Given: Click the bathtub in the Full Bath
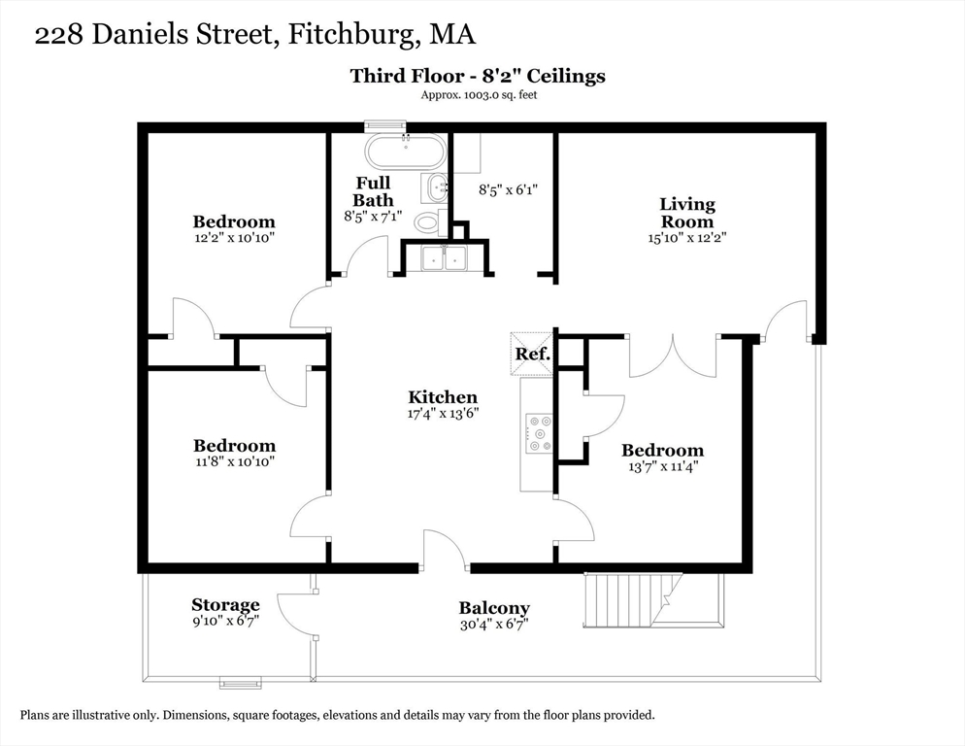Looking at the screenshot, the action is (x=404, y=151).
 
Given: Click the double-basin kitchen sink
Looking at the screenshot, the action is (x=445, y=257).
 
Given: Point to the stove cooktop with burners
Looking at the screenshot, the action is (x=539, y=433).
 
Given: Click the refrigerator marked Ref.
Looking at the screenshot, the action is (x=532, y=354).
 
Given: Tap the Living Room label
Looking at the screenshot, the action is (x=686, y=213).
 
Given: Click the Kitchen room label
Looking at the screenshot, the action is (x=443, y=397).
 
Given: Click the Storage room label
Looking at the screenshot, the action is (x=225, y=604).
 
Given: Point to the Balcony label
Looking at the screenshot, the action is (x=494, y=608).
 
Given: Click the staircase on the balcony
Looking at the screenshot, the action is (x=652, y=600).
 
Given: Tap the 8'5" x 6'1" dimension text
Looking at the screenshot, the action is (x=509, y=189).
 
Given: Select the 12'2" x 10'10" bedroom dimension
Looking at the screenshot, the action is (x=234, y=238).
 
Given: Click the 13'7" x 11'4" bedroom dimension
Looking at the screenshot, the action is (x=663, y=466).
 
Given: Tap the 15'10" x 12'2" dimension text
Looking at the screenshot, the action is (x=686, y=238).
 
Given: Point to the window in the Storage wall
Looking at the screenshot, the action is (x=241, y=682).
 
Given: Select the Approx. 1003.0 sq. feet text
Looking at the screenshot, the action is (x=479, y=95).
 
